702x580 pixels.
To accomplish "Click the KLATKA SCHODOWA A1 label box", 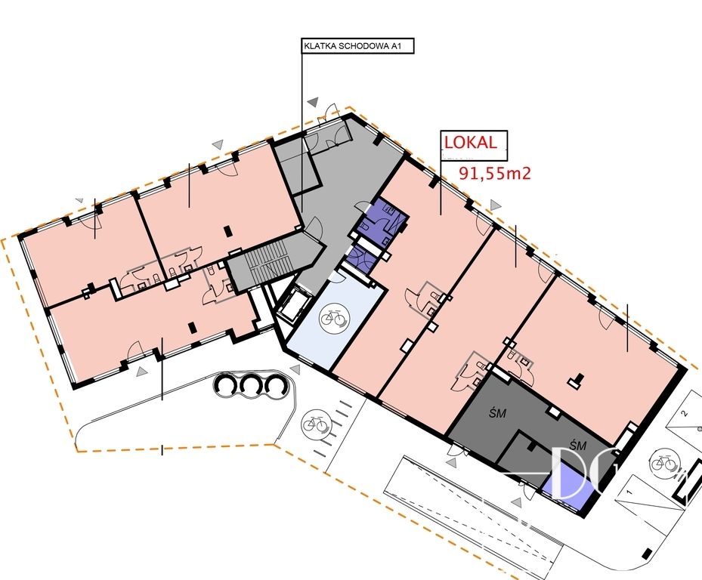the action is click(357, 45).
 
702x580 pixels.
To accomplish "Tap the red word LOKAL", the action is click(470, 142).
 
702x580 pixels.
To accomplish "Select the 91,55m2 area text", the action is click(495, 173).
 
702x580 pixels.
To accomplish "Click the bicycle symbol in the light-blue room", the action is click(333, 318).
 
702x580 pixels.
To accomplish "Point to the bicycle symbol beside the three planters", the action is click(316, 424).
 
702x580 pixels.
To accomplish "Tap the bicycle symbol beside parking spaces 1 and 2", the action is click(664, 463).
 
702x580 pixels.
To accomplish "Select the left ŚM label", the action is click(497, 412).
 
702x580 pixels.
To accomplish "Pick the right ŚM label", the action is click(578, 445).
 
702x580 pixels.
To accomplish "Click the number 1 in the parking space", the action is click(630, 492).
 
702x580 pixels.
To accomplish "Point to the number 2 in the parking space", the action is click(684, 413).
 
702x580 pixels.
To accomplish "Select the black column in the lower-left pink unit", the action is click(193, 327).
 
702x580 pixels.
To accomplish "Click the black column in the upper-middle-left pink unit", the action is click(228, 230).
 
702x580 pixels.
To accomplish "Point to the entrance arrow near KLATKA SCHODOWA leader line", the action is click(314, 102).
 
